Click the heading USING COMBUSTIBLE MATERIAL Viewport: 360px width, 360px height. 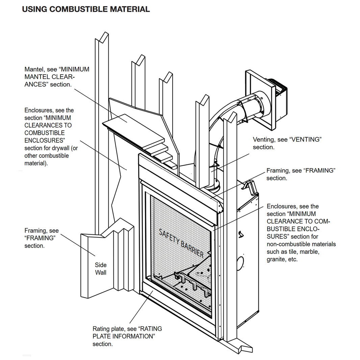click(x=86, y=9)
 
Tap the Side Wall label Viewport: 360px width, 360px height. click(x=100, y=269)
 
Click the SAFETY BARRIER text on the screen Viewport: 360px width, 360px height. click(x=181, y=243)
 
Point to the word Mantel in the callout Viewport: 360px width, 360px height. click(x=33, y=69)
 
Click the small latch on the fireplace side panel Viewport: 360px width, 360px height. click(x=240, y=233)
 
